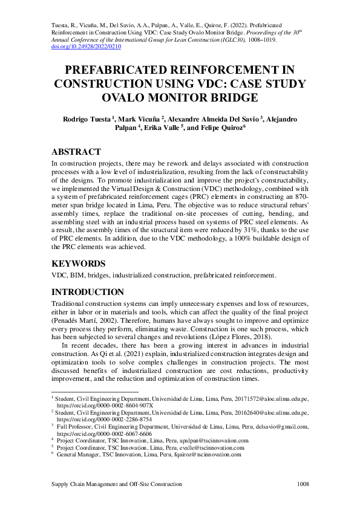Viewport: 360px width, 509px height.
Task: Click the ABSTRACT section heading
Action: [76, 152]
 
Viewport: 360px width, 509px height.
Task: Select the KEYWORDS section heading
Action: [79, 264]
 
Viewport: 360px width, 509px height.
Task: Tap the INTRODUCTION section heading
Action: [88, 292]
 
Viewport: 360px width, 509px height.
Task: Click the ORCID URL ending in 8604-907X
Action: [105, 405]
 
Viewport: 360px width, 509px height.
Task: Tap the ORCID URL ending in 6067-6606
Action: [104, 433]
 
